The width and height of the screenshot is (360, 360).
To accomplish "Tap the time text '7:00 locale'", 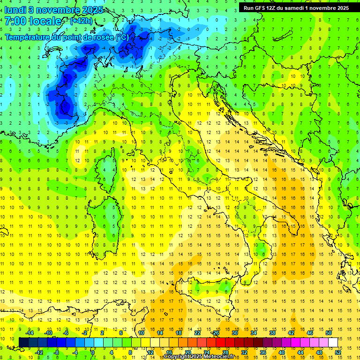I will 33,21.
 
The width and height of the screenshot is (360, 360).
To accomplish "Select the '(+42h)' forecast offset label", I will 82,21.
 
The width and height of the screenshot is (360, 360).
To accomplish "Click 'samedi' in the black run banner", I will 293,8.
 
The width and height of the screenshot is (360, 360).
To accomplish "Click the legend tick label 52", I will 338,352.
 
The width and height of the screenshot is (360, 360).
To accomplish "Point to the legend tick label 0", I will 93,352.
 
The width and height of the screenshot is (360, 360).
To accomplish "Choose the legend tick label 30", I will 235,332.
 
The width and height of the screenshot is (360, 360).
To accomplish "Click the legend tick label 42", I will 291,332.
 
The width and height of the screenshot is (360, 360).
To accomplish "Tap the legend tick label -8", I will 57,352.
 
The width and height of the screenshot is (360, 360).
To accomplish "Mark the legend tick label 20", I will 187,352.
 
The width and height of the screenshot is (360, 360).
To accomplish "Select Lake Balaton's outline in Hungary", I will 282,37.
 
